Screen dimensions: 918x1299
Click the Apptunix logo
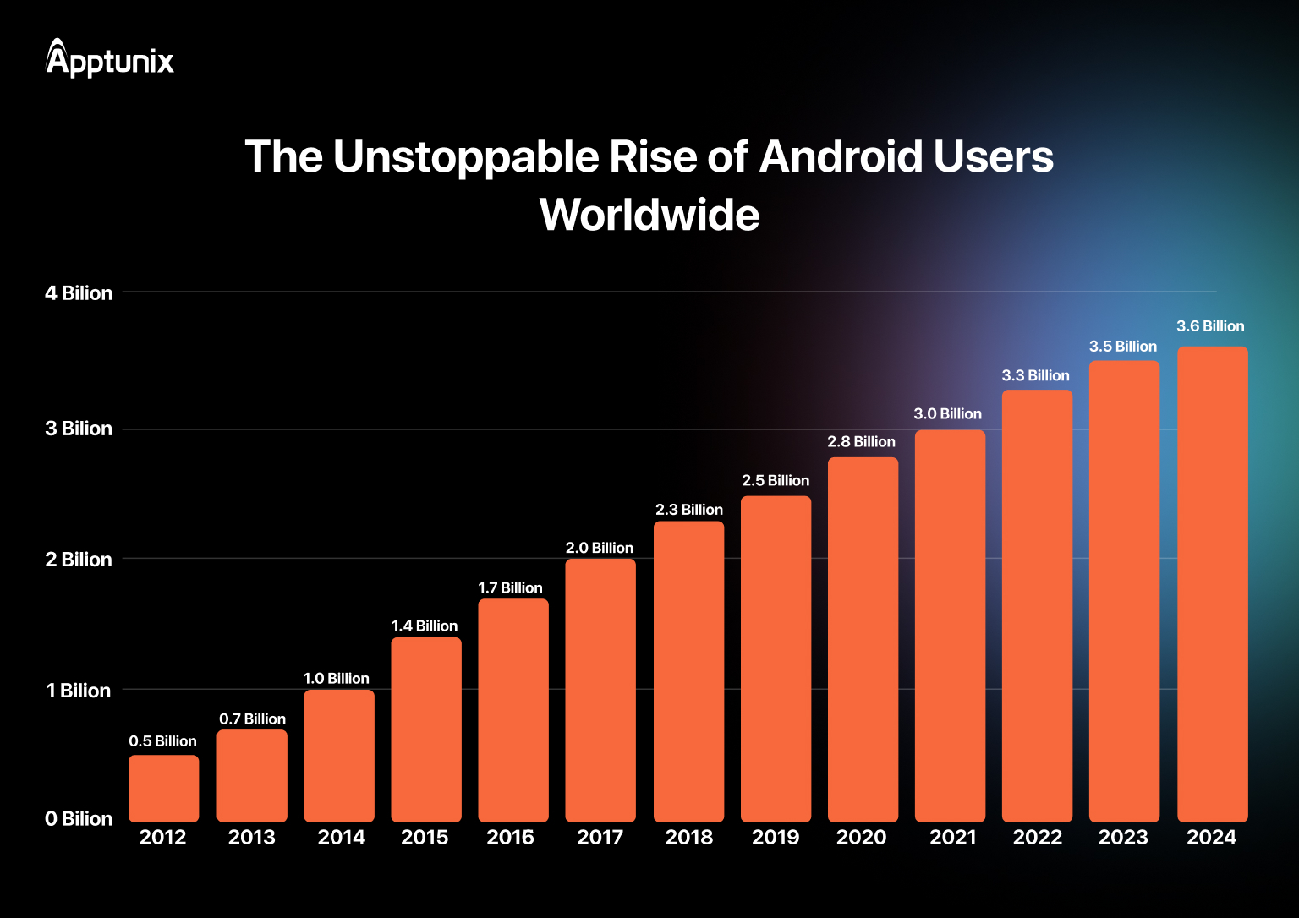(110, 59)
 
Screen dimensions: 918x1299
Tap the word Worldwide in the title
(649, 215)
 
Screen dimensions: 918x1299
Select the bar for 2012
(163, 788)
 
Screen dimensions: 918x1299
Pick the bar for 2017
(600, 690)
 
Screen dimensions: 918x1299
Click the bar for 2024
(1212, 583)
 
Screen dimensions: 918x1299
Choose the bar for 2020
(863, 639)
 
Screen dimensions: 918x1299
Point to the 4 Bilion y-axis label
(79, 293)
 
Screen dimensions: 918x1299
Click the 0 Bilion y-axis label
(79, 819)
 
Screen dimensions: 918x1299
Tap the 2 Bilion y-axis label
(79, 560)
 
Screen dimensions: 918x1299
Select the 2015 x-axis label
(425, 838)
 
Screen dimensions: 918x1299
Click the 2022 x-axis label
(1038, 838)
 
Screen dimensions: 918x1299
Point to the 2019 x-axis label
(776, 838)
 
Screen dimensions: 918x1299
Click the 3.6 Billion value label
(1210, 326)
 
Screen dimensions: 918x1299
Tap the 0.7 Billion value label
(252, 719)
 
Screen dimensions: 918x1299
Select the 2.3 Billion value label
(689, 510)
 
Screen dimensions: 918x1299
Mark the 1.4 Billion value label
(425, 626)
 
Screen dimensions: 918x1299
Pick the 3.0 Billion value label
(947, 414)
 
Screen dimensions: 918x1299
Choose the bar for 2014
(339, 756)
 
